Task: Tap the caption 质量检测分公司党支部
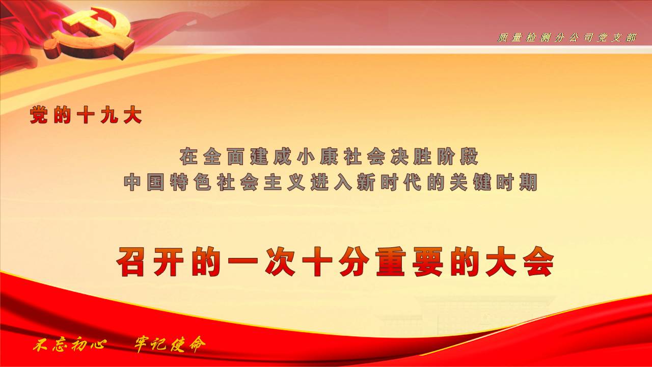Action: pos(566,38)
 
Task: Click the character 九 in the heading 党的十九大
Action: pos(110,115)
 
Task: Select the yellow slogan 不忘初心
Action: pos(70,345)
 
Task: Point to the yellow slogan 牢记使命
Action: pos(170,344)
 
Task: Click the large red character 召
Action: pos(131,261)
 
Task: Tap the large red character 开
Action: pos(169,261)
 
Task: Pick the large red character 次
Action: pos(280,261)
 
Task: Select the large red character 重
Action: pos(391,261)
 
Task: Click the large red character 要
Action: pos(428,261)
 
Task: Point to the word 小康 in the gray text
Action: pos(317,156)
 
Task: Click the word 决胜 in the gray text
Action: pos(411,156)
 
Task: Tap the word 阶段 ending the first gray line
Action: pos(457,156)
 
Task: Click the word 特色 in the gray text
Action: pos(191,182)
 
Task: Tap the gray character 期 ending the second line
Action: pos(529,182)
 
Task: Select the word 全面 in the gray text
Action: pos(224,156)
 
